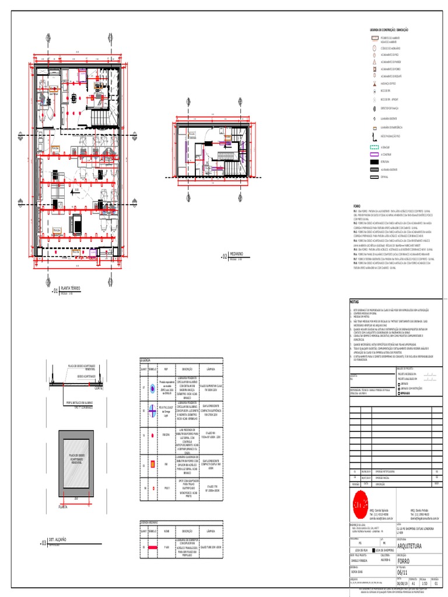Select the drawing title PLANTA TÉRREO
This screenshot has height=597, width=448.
[x=72, y=289]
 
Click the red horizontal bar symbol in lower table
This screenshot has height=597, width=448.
[x=153, y=548]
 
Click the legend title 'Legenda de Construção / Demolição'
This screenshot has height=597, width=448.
[x=388, y=29]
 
